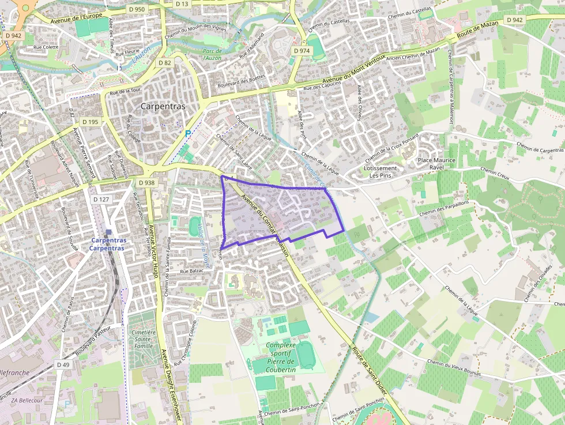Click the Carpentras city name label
coord(163,107)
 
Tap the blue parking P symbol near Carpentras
coord(187,134)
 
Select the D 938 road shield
coord(147,183)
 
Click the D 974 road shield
coord(302,51)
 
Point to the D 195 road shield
coord(91,122)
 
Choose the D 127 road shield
coord(101,200)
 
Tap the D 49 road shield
coord(63,364)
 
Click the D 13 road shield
coord(182,4)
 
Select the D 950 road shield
coord(137,9)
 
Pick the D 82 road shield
coord(164,63)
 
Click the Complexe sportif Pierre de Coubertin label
coord(280,353)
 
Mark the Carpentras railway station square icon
coord(108,232)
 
